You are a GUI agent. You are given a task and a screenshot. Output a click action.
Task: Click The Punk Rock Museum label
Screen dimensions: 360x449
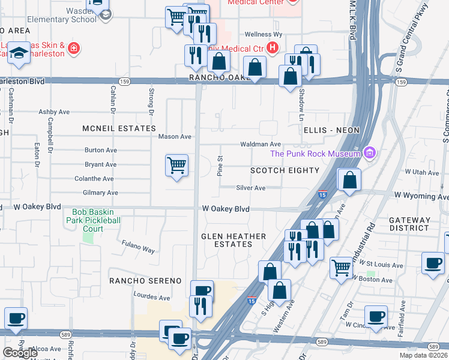tap(315, 154)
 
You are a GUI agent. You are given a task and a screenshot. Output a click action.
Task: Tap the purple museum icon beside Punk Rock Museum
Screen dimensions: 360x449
tap(369, 154)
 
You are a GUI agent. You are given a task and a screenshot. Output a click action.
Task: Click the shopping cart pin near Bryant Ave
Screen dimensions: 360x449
tap(176, 165)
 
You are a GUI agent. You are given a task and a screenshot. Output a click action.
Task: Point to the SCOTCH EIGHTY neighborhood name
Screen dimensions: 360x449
tap(285, 170)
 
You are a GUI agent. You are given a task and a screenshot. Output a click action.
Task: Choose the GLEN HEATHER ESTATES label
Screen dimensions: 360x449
tap(234, 240)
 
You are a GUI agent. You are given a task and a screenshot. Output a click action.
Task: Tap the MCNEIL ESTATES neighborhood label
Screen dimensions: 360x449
tap(119, 128)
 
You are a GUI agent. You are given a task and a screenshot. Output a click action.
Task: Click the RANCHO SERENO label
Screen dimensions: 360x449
tap(145, 281)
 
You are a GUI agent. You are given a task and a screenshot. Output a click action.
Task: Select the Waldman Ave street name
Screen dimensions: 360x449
tap(261, 145)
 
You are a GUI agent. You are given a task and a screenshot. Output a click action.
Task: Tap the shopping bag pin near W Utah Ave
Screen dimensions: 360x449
tap(349, 179)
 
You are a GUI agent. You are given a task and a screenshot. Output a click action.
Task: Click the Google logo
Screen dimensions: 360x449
tap(20, 353)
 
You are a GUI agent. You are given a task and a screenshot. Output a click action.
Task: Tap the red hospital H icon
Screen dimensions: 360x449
tap(273, 47)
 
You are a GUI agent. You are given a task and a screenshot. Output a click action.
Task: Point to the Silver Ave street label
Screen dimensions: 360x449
tap(250, 188)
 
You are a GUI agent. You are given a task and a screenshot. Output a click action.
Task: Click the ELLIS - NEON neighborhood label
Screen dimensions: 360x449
tap(331, 130)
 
